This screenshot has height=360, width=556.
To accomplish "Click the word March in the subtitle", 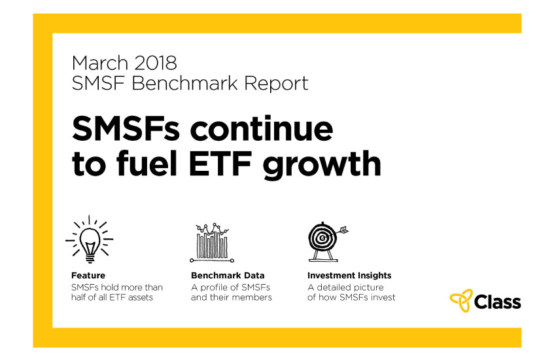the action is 99,63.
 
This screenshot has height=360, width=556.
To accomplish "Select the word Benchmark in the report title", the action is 184,83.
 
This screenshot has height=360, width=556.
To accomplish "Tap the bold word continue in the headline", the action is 262,128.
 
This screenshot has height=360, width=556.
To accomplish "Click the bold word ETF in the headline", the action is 220,164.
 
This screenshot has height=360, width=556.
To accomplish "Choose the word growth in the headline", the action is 322,164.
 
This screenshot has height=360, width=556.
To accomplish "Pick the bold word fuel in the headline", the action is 147,163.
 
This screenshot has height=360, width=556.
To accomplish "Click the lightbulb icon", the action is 90,240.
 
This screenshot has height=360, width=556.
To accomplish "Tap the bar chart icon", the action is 212,243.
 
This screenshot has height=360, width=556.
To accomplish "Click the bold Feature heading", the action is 88,276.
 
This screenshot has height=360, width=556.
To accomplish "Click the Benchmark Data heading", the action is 228,276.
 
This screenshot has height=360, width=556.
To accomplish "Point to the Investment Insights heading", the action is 349,276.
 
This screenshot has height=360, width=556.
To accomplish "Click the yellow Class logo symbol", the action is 461,300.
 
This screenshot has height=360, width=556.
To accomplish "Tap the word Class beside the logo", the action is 498,302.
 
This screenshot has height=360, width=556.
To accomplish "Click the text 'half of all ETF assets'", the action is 112,297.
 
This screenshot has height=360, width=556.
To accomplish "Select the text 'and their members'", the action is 231,297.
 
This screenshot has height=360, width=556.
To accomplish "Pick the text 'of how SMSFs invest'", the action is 351,297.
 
